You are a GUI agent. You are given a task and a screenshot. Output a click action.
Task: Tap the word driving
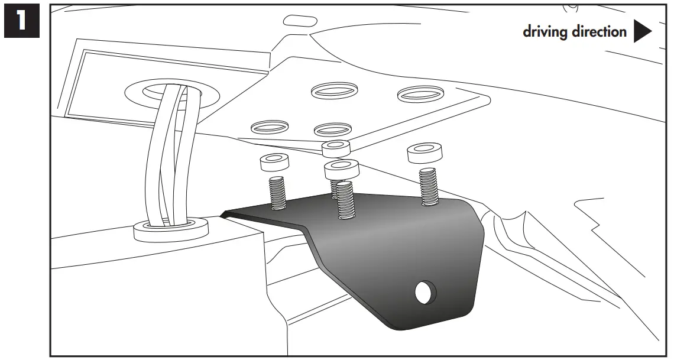[544, 31]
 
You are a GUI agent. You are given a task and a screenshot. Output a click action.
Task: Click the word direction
[599, 31]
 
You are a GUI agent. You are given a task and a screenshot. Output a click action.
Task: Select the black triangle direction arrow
[642, 31]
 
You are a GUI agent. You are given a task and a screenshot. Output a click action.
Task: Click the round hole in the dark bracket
[424, 291]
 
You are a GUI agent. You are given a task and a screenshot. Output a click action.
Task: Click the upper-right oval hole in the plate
[420, 93]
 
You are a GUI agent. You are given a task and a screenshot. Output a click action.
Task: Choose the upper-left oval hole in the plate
[335, 90]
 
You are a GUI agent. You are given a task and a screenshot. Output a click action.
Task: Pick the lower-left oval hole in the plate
[270, 126]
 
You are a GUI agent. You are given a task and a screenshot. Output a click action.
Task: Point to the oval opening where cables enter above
[170, 92]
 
